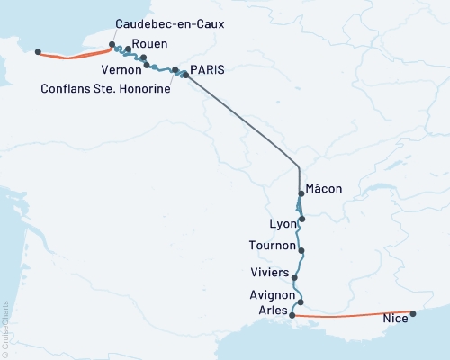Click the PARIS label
click(x=208, y=68)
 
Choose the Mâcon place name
click(x=324, y=188)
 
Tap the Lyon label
click(x=283, y=223)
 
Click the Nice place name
click(x=394, y=318)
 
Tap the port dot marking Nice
click(x=413, y=314)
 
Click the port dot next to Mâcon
click(x=300, y=192)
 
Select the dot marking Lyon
click(x=302, y=219)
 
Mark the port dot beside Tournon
click(x=301, y=251)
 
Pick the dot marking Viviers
click(x=295, y=278)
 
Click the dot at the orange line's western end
click(x=38, y=52)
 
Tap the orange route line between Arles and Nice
click(x=351, y=317)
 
